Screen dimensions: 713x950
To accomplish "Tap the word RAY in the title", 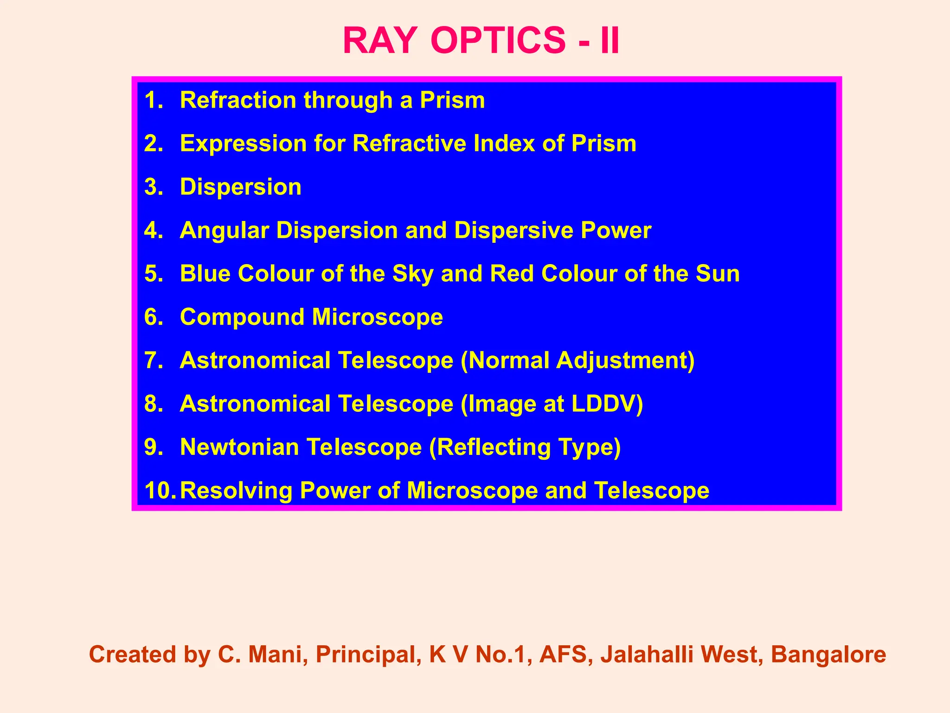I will pos(378,41).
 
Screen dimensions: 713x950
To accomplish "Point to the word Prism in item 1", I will pos(452,100).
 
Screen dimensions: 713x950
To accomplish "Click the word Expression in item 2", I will pos(243,143).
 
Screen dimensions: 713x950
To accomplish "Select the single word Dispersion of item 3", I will pos(240,187).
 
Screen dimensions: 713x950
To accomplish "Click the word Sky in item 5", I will pos(412,274).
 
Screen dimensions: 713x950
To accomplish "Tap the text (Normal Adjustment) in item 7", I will pos(578,361).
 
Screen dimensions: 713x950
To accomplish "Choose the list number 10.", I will pos(160,491).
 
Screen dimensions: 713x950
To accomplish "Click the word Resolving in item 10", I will pos(236,491).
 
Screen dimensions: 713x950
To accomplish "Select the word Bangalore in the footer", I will pos(828,655).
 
